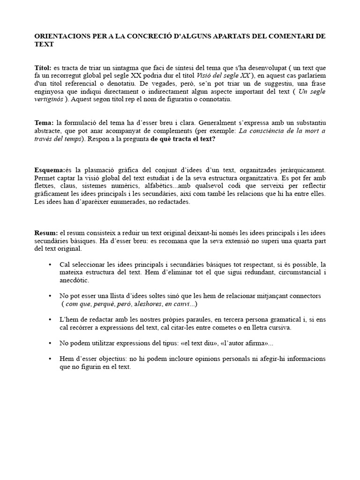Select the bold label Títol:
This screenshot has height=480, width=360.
coord(44,68)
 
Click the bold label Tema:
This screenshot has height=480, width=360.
coord(45,123)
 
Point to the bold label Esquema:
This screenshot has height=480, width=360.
coord(50,170)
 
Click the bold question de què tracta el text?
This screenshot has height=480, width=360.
coord(183,139)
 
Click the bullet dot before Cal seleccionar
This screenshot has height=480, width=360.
coord(50,265)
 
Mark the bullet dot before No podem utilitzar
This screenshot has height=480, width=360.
coord(50,343)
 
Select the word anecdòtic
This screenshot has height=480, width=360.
coord(74,280)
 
